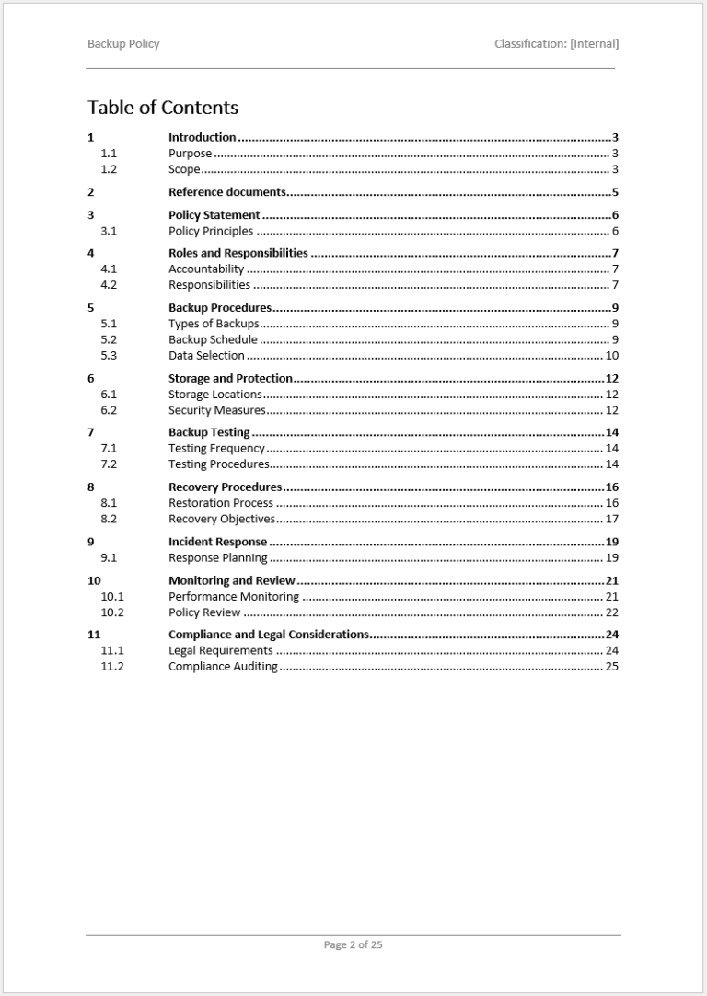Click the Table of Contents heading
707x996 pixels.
click(163, 108)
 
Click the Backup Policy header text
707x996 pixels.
click(123, 43)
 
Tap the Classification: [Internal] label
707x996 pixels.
click(556, 43)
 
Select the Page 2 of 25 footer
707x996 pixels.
click(353, 944)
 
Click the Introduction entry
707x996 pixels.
click(202, 138)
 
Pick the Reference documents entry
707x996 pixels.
click(227, 192)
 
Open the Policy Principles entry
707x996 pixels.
click(211, 231)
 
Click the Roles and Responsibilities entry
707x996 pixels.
click(238, 253)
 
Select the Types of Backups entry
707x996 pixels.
click(214, 324)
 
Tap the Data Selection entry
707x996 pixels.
click(206, 355)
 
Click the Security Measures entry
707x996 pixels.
click(216, 410)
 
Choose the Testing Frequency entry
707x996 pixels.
click(216, 449)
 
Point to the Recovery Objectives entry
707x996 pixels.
click(221, 519)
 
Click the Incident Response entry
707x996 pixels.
click(217, 543)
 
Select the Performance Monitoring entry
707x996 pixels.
click(234, 597)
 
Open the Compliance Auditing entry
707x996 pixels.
click(223, 667)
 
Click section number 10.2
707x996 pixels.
click(112, 612)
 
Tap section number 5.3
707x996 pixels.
click(109, 355)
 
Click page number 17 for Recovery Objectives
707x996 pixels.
click(611, 519)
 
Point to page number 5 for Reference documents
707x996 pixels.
click(615, 192)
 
